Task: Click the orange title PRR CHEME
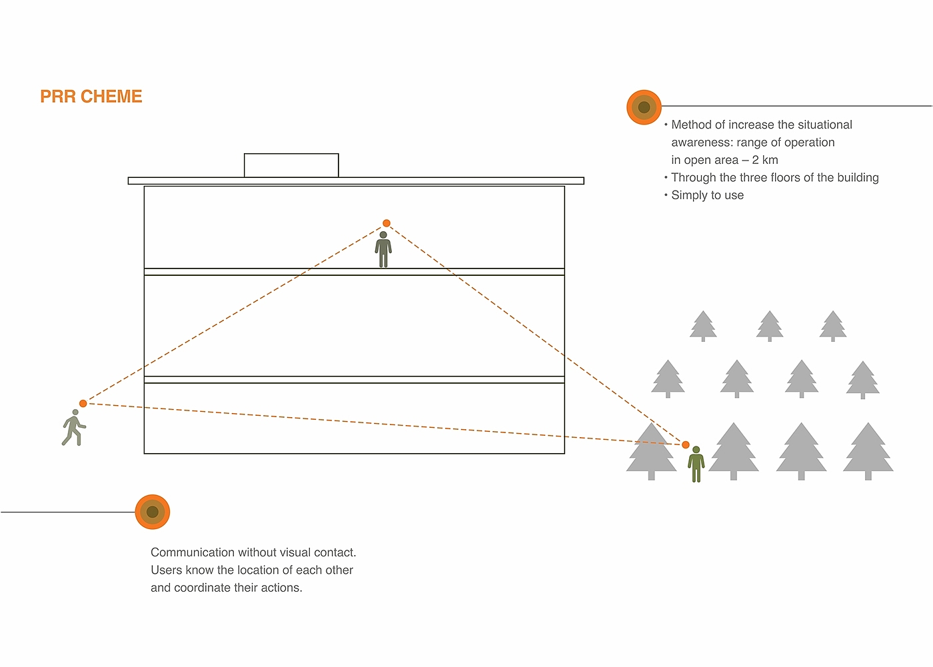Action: coord(91,97)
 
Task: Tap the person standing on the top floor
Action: coord(383,250)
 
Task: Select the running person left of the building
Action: coord(73,428)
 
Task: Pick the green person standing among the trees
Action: coord(696,464)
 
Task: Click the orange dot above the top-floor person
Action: coord(387,223)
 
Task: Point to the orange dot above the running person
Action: coord(83,403)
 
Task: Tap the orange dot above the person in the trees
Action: coord(686,444)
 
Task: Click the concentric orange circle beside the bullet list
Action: coord(644,107)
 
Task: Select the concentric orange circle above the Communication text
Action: coord(153,512)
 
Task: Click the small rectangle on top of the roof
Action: coord(291,165)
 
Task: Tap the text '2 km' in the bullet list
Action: coord(765,160)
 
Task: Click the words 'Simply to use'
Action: coord(707,195)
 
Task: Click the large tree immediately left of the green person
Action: coord(651,451)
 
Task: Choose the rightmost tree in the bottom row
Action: coord(868,451)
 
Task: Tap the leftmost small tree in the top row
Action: coord(703,326)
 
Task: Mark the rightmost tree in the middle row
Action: coord(863,379)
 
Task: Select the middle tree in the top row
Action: coord(770,326)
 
